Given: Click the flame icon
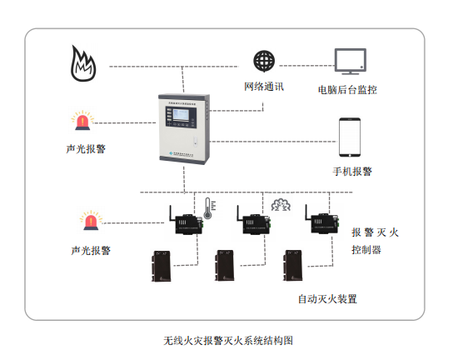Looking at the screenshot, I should click(83, 64).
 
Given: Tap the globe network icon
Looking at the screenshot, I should click(264, 61).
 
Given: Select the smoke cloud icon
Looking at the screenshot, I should click(279, 205).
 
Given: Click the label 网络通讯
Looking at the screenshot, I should click(264, 86).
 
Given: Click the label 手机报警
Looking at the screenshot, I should click(351, 171).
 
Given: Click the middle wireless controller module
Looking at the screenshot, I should click(251, 222).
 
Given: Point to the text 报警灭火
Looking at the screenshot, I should click(375, 232).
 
